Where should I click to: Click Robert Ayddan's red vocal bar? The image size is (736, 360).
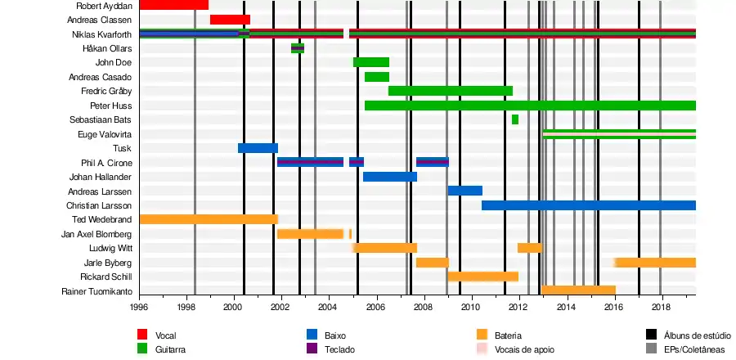coord(173,5)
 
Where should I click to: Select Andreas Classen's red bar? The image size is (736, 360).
coord(230,20)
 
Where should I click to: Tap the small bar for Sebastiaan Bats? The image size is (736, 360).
coord(514,119)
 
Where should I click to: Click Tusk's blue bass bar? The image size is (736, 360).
coord(258,148)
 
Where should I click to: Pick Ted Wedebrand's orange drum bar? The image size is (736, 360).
coord(209,219)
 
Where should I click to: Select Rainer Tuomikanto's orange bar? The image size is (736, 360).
coord(578,290)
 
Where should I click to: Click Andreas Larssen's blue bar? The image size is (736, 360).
coord(464,191)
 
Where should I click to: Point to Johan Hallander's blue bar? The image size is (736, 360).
coord(389,177)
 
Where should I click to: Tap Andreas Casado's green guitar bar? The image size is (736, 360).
coord(376,77)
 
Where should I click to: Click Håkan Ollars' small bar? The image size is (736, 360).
coord(298,48)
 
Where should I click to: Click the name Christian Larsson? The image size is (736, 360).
coord(99,205)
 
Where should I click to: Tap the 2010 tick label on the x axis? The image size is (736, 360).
coord(470,308)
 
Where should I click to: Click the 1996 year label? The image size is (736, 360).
coord(140,308)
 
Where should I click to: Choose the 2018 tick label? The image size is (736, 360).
coord(661,308)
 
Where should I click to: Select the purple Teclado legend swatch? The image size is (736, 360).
coord(312,349)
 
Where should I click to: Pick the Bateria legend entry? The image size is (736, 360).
coord(508,335)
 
